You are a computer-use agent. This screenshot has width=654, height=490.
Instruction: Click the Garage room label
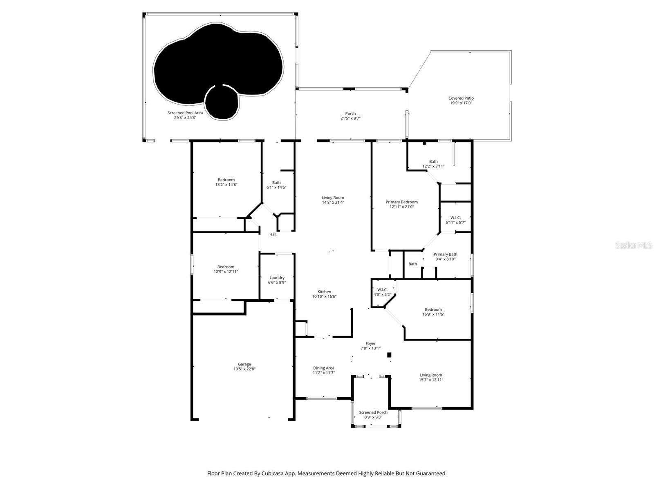pyautogui.click(x=244, y=364)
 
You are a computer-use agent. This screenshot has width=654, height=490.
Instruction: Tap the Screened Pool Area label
pyautogui.click(x=185, y=113)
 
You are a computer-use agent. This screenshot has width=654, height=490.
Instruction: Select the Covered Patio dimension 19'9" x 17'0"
pyautogui.click(x=461, y=103)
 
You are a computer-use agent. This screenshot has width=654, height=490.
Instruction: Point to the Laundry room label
pyautogui.click(x=277, y=278)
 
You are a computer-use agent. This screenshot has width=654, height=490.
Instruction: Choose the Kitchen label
pyautogui.click(x=324, y=292)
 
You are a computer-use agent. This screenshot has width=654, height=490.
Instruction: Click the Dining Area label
pyautogui.click(x=324, y=368)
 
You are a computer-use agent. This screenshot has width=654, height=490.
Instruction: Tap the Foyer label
pyautogui.click(x=370, y=343)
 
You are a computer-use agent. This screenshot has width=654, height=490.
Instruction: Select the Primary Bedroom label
pyautogui.click(x=401, y=202)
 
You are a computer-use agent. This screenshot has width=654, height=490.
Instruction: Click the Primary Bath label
pyautogui.click(x=445, y=254)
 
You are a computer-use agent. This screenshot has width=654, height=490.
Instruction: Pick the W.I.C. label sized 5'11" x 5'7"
pyautogui.click(x=455, y=218)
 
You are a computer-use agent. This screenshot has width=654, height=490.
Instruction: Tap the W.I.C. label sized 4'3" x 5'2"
pyautogui.click(x=382, y=290)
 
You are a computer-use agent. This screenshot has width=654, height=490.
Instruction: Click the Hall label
pyautogui.click(x=273, y=234)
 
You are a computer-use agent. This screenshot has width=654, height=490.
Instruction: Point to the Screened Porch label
pyautogui.click(x=373, y=412)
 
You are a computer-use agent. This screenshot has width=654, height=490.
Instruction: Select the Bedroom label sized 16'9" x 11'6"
pyautogui.click(x=433, y=310)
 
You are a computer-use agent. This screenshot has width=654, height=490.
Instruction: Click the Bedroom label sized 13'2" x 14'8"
pyautogui.click(x=226, y=180)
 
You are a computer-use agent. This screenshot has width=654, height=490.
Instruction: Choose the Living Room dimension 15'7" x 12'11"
pyautogui.click(x=431, y=380)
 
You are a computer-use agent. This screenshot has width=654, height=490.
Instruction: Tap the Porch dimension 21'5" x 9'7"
pyautogui.click(x=350, y=118)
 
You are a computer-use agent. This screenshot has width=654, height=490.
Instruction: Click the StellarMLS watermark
pyautogui.click(x=633, y=245)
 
